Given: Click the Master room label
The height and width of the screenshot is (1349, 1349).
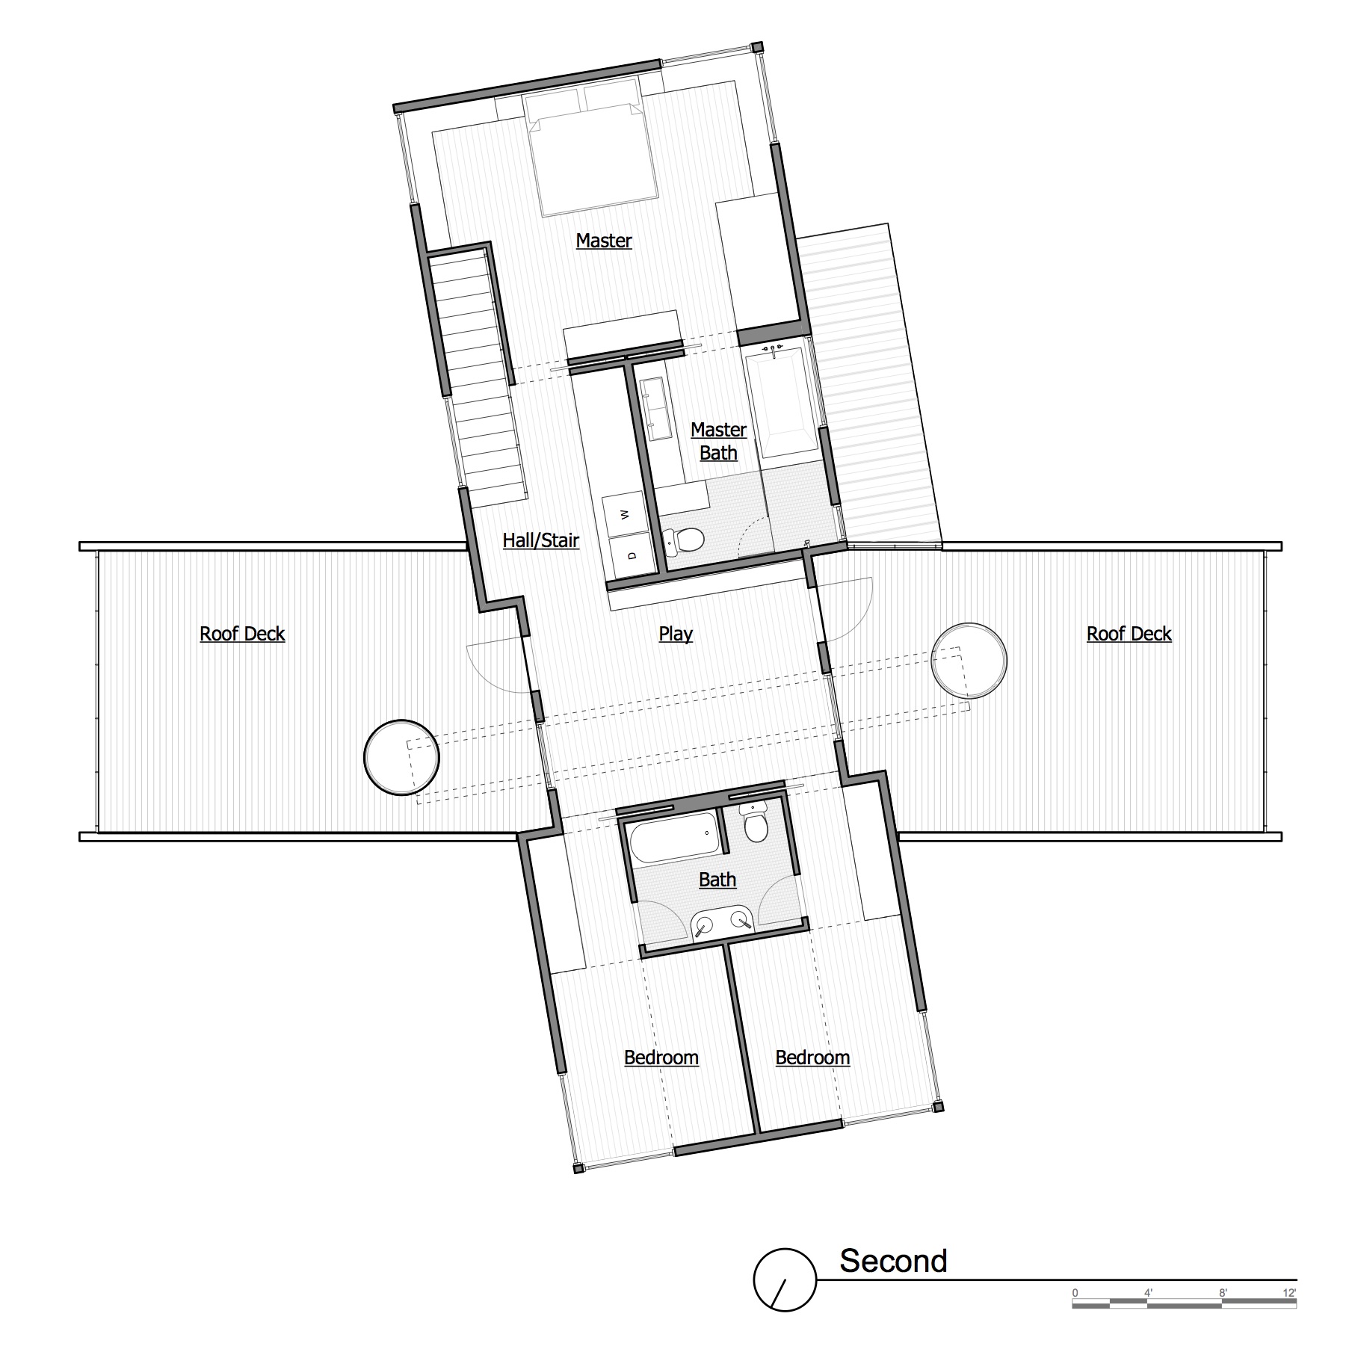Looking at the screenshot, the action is click(604, 241).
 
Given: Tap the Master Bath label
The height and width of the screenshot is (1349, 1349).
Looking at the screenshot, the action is click(718, 441).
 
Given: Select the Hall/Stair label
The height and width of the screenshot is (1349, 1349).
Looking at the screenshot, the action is click(540, 540).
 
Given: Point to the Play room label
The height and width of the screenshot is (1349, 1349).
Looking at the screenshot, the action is click(676, 634).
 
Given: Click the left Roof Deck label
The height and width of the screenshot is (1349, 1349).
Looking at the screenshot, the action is click(242, 634).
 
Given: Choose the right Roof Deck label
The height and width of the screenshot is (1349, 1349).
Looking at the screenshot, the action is click(1129, 634).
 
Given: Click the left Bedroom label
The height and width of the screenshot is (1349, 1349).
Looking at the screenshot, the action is click(661, 1058).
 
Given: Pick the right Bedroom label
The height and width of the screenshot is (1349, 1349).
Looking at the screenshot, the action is click(812, 1058).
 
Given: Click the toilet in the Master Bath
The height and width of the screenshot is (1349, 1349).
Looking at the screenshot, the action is click(682, 540).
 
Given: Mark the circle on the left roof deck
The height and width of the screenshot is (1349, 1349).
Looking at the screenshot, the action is click(401, 757).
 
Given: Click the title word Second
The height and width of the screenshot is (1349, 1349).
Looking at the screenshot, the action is click(893, 1261).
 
